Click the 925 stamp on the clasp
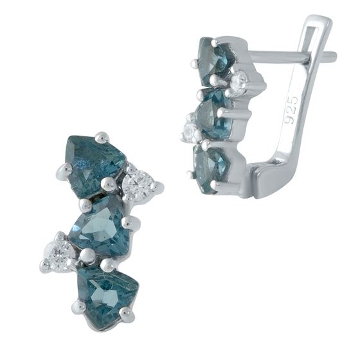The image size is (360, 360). (x=291, y=110)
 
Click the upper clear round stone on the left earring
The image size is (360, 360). (x=138, y=184)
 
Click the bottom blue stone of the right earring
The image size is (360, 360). (x=210, y=168)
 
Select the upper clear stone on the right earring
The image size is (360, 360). (x=239, y=81)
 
